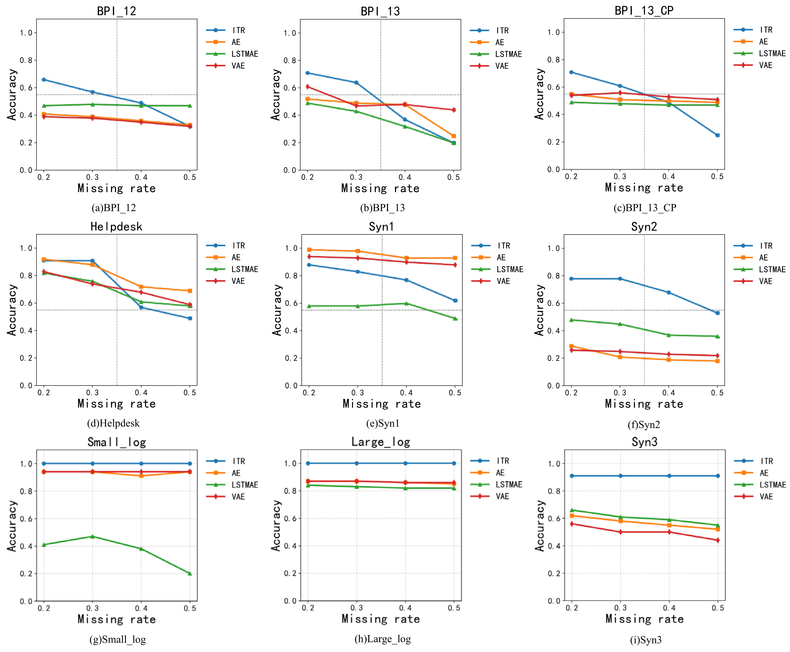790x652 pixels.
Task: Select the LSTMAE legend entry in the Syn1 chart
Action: pyautogui.click(x=509, y=269)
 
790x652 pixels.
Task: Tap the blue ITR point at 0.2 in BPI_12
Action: pyautogui.click(x=44, y=80)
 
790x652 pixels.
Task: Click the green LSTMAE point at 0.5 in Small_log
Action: pyautogui.click(x=190, y=574)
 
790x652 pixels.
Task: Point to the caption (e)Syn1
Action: pyautogui.click(x=383, y=423)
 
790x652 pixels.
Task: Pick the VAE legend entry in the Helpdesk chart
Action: pyautogui.click(x=238, y=281)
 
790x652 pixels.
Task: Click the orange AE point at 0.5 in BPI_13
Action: pyautogui.click(x=454, y=136)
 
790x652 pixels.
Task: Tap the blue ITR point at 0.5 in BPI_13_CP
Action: pyautogui.click(x=717, y=135)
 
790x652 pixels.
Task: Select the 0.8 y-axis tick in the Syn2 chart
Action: pyautogui.click(x=553, y=276)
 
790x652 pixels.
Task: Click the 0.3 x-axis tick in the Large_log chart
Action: pyautogui.click(x=357, y=608)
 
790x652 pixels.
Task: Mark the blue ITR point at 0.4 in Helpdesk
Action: pyautogui.click(x=141, y=307)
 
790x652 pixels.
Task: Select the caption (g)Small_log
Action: pyautogui.click(x=117, y=639)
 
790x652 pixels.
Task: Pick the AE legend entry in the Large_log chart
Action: pyautogui.click(x=500, y=473)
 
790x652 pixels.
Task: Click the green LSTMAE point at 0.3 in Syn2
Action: pyautogui.click(x=620, y=324)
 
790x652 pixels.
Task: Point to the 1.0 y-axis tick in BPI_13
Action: pyautogui.click(x=290, y=33)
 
